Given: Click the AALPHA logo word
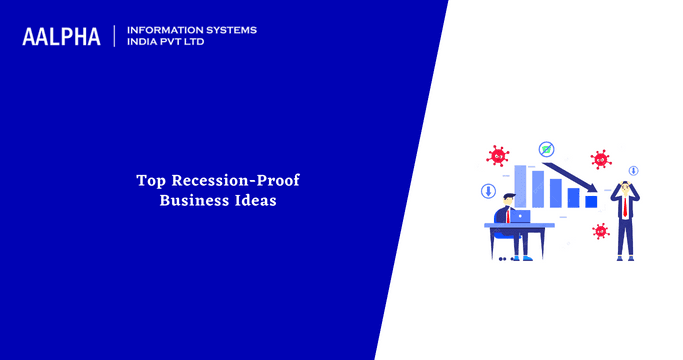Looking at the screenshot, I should pyautogui.click(x=61, y=37).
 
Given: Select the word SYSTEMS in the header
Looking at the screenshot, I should pyautogui.click(x=229, y=30).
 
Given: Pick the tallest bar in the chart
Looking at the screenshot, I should pyautogui.click(x=520, y=186).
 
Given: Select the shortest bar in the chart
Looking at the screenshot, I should pyautogui.click(x=591, y=201).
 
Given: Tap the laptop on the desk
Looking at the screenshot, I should pyautogui.click(x=519, y=216).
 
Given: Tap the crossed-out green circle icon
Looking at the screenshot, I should pyautogui.click(x=546, y=149).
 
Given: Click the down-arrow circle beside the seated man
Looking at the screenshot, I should pyautogui.click(x=489, y=190).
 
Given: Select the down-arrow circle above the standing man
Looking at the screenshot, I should pyautogui.click(x=634, y=169).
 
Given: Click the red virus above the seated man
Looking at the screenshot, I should pyautogui.click(x=497, y=155).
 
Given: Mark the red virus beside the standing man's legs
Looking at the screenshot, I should pyautogui.click(x=600, y=231).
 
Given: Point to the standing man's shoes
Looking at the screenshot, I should pyautogui.click(x=625, y=258).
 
